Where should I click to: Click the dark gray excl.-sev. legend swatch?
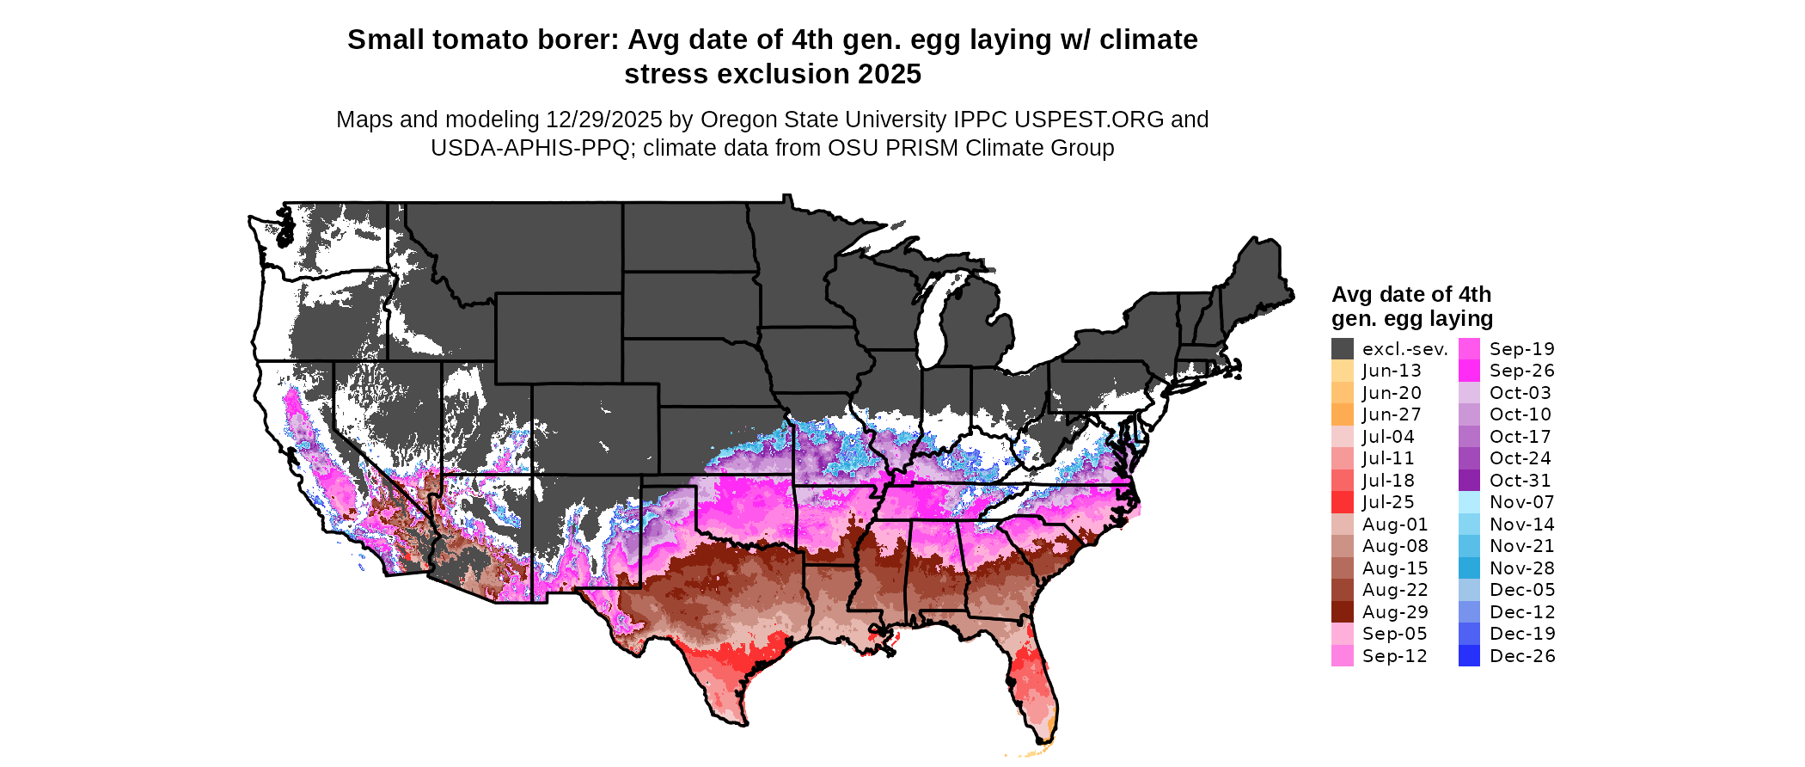coord(1342,349)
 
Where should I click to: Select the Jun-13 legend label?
coord(1392,371)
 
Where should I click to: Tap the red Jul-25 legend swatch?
coord(1342,502)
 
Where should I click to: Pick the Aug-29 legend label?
coord(1395,612)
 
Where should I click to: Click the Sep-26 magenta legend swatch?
coord(1469,371)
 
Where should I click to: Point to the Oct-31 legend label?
coord(1520,481)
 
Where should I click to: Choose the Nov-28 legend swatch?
coord(1469,568)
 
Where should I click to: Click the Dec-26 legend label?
coord(1522,656)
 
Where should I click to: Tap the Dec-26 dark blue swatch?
coord(1469,656)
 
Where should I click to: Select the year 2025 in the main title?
coord(889,74)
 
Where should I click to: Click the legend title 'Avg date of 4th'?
coord(1410,294)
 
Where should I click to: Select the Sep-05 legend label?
coord(1394,634)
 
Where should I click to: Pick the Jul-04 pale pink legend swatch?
coord(1342,437)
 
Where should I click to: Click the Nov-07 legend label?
coord(1521,502)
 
